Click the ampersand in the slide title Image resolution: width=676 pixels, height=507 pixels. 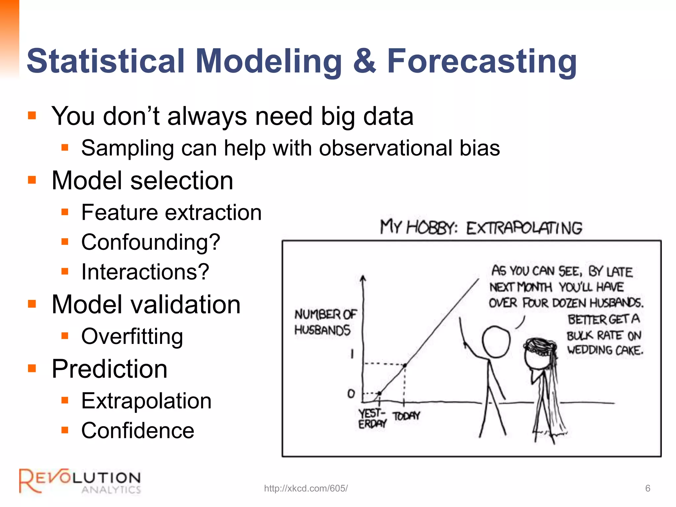(364, 61)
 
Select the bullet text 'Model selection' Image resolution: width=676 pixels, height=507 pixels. (142, 181)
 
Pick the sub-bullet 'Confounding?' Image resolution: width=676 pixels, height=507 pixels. (151, 242)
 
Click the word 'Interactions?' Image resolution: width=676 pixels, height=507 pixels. (145, 272)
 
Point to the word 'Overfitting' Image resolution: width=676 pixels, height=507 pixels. (132, 336)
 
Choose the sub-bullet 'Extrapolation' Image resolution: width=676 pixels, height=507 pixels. (146, 401)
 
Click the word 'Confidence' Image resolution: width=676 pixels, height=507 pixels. (138, 430)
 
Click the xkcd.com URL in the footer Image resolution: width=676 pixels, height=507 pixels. (306, 488)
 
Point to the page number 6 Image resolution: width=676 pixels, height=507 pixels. (648, 488)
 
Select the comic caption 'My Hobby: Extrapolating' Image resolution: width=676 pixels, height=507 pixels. (481, 228)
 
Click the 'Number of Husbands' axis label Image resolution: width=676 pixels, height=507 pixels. (325, 322)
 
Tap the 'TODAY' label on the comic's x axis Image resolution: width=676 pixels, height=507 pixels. (406, 416)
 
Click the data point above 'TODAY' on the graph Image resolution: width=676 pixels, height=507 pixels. (405, 365)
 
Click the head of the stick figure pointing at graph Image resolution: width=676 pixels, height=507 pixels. (496, 342)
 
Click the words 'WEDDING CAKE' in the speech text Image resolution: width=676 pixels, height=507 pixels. (605, 350)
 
